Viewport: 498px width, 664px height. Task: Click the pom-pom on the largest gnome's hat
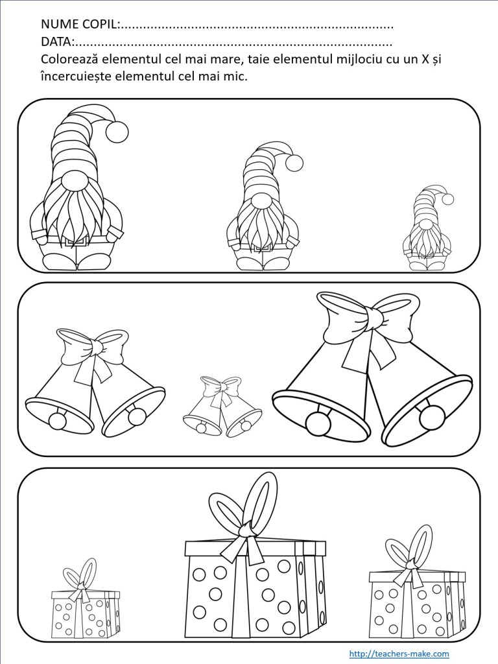(x=117, y=132)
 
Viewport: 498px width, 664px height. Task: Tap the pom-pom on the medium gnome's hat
(x=295, y=163)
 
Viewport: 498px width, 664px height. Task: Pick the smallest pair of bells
(x=222, y=407)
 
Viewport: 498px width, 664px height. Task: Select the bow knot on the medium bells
(x=97, y=348)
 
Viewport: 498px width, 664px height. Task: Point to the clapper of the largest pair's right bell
(x=432, y=417)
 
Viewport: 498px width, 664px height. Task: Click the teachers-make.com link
(x=399, y=654)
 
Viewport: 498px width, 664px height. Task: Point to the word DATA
(x=56, y=42)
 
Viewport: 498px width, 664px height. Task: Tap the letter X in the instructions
(x=425, y=59)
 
